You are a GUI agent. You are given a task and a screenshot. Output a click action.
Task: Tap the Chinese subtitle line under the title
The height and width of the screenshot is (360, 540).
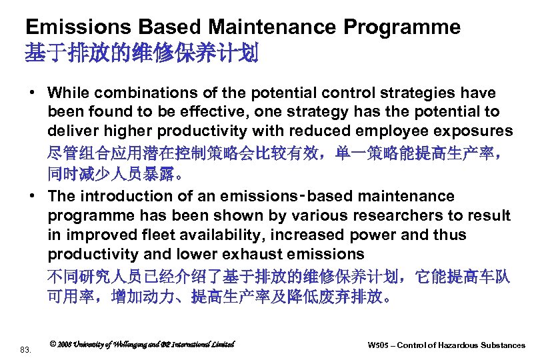point(141,53)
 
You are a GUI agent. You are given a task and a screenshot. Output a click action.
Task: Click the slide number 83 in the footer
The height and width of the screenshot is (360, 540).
point(25,349)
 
